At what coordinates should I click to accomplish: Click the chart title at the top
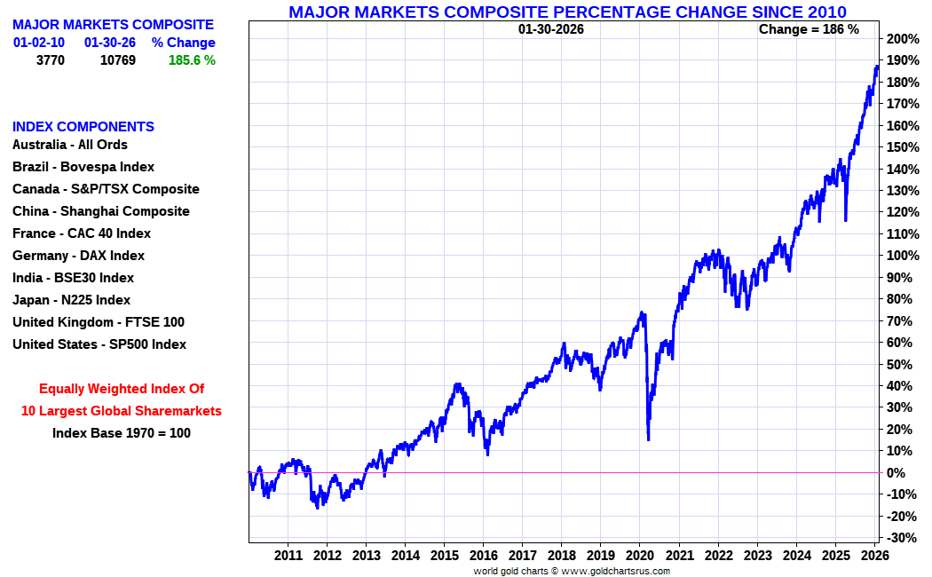pyautogui.click(x=567, y=12)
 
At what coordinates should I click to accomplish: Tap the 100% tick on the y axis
pyautogui.click(x=902, y=256)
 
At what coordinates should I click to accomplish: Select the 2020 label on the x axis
pyautogui.click(x=639, y=555)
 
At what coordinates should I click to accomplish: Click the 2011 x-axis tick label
pyautogui.click(x=288, y=555)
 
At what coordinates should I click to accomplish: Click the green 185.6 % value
pyautogui.click(x=192, y=60)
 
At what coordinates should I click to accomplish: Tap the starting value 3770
pyautogui.click(x=50, y=60)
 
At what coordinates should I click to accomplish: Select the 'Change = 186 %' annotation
pyautogui.click(x=809, y=29)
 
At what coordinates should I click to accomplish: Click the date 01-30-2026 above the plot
pyautogui.click(x=551, y=29)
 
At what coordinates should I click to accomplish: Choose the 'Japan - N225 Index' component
pyautogui.click(x=71, y=300)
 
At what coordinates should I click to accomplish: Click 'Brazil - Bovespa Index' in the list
pyautogui.click(x=83, y=167)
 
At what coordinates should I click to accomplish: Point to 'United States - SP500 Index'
pyautogui.click(x=99, y=344)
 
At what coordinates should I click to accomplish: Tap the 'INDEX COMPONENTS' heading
pyautogui.click(x=83, y=127)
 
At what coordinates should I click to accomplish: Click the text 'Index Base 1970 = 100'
pyautogui.click(x=121, y=433)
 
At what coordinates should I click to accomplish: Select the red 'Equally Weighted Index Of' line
pyautogui.click(x=122, y=389)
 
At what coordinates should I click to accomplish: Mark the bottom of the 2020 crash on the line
pyautogui.click(x=649, y=439)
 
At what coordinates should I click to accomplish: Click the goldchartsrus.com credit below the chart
pyautogui.click(x=571, y=571)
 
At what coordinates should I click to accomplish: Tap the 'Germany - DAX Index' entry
pyautogui.click(x=78, y=256)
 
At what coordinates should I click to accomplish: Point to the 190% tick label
pyautogui.click(x=902, y=60)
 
